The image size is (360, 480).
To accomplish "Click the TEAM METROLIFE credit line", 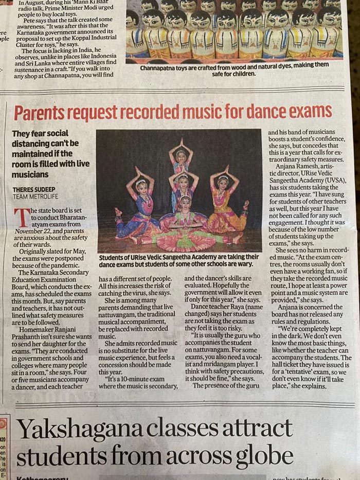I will (35, 197).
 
